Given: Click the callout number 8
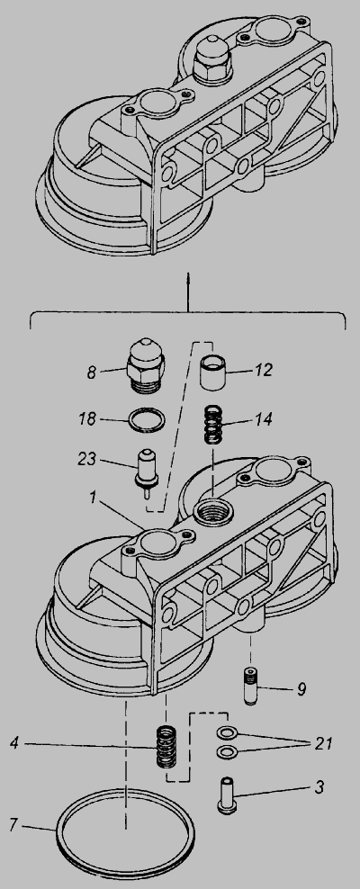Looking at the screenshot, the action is (x=91, y=372).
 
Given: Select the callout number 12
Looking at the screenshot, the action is (x=263, y=370).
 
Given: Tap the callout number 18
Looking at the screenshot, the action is (x=87, y=419).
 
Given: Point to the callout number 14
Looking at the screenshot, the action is (x=262, y=419).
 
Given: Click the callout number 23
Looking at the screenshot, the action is (x=88, y=459).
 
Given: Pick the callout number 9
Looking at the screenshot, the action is (x=301, y=689).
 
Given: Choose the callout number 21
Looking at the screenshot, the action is (x=322, y=742).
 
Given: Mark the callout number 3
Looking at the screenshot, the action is (x=319, y=787).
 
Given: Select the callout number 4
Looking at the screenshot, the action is (x=14, y=742).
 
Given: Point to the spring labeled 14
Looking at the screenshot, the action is (x=213, y=425).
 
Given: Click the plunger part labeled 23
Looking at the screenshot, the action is (x=147, y=470).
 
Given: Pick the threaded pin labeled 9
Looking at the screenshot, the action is (x=251, y=686).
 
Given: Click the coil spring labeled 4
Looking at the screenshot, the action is (x=166, y=747).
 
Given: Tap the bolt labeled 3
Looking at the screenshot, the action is (x=228, y=795).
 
